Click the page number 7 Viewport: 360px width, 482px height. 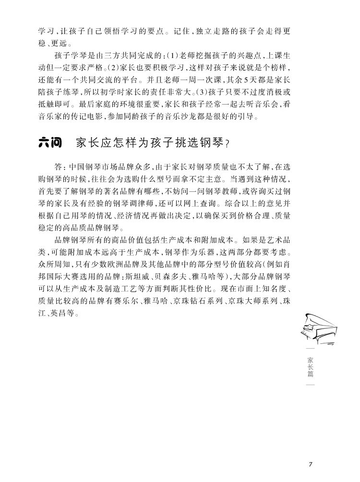point(312,464)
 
